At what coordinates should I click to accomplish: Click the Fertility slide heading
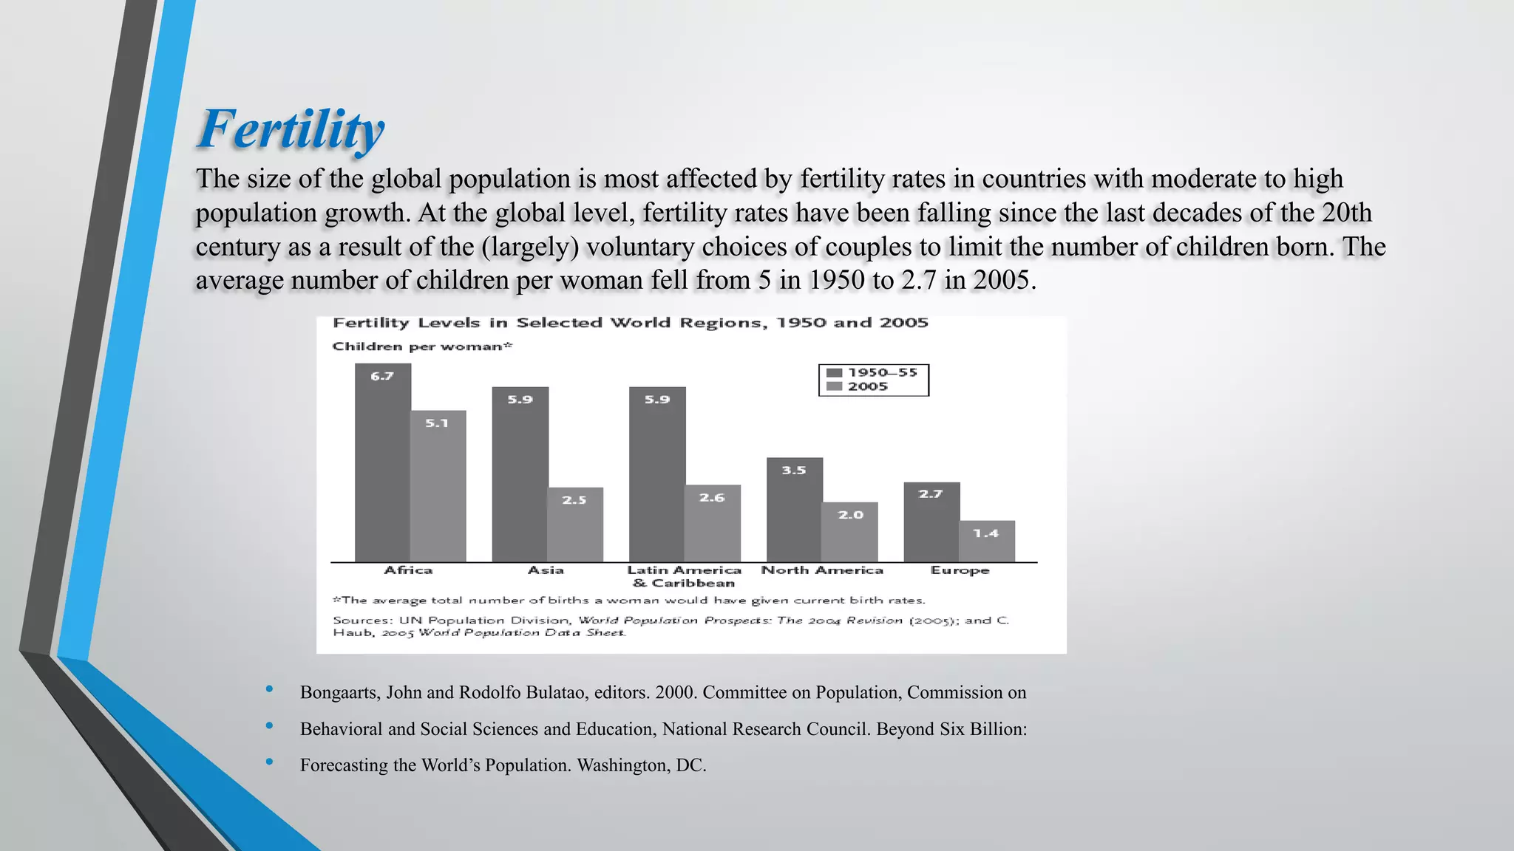(x=291, y=129)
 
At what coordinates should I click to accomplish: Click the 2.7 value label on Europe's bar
(x=931, y=494)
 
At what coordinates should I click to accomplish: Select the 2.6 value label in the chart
(x=712, y=498)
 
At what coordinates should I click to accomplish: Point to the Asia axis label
(x=546, y=570)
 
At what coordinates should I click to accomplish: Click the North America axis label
(x=822, y=570)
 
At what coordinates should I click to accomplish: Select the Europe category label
(x=960, y=570)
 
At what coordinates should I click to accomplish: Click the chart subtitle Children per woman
(x=421, y=346)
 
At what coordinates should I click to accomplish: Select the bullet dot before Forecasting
(x=269, y=762)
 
